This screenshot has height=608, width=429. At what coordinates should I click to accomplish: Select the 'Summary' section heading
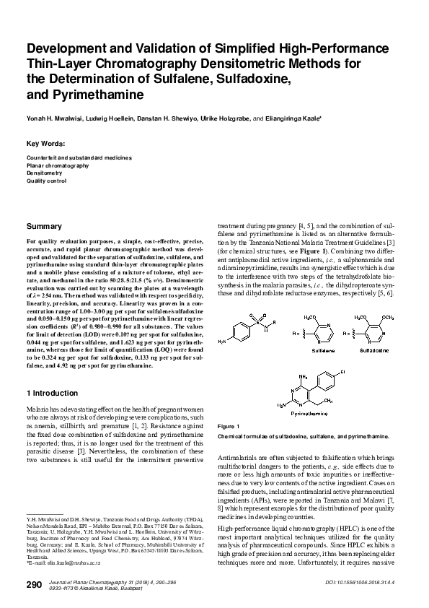click(x=43, y=226)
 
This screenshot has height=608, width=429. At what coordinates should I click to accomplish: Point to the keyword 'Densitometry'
click(x=45, y=173)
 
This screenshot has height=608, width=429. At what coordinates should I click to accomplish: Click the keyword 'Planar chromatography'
click(x=58, y=165)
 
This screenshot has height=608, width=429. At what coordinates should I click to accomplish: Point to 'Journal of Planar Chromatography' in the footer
click(x=89, y=581)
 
